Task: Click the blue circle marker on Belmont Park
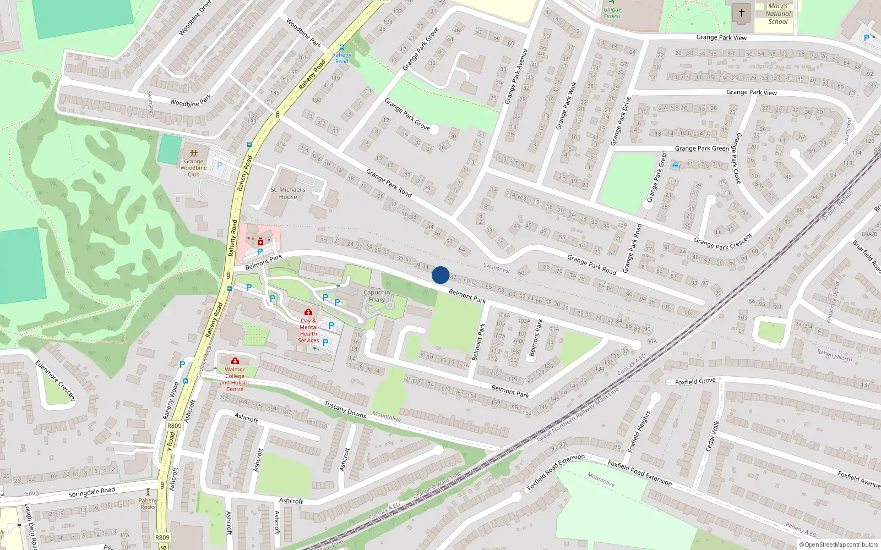coord(440,274)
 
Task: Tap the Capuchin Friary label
coord(377,296)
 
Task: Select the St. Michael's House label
coord(288,193)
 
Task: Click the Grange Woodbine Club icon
coord(193,153)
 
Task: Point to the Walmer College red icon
coord(235,361)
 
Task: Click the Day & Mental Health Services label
coord(308,331)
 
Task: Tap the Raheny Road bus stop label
coord(341,58)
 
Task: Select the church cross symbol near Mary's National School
coord(741,13)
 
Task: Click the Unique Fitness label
coord(612,13)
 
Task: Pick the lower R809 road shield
coord(162,537)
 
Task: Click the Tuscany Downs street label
coord(345,410)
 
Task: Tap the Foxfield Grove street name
coord(695,381)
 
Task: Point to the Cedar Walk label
coord(713,436)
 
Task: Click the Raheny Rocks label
coord(148,504)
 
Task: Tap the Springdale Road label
coord(91,492)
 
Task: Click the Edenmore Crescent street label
coord(55,381)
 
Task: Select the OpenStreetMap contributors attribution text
coord(838,544)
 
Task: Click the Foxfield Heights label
coord(639,432)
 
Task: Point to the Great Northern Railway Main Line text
coord(578,413)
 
